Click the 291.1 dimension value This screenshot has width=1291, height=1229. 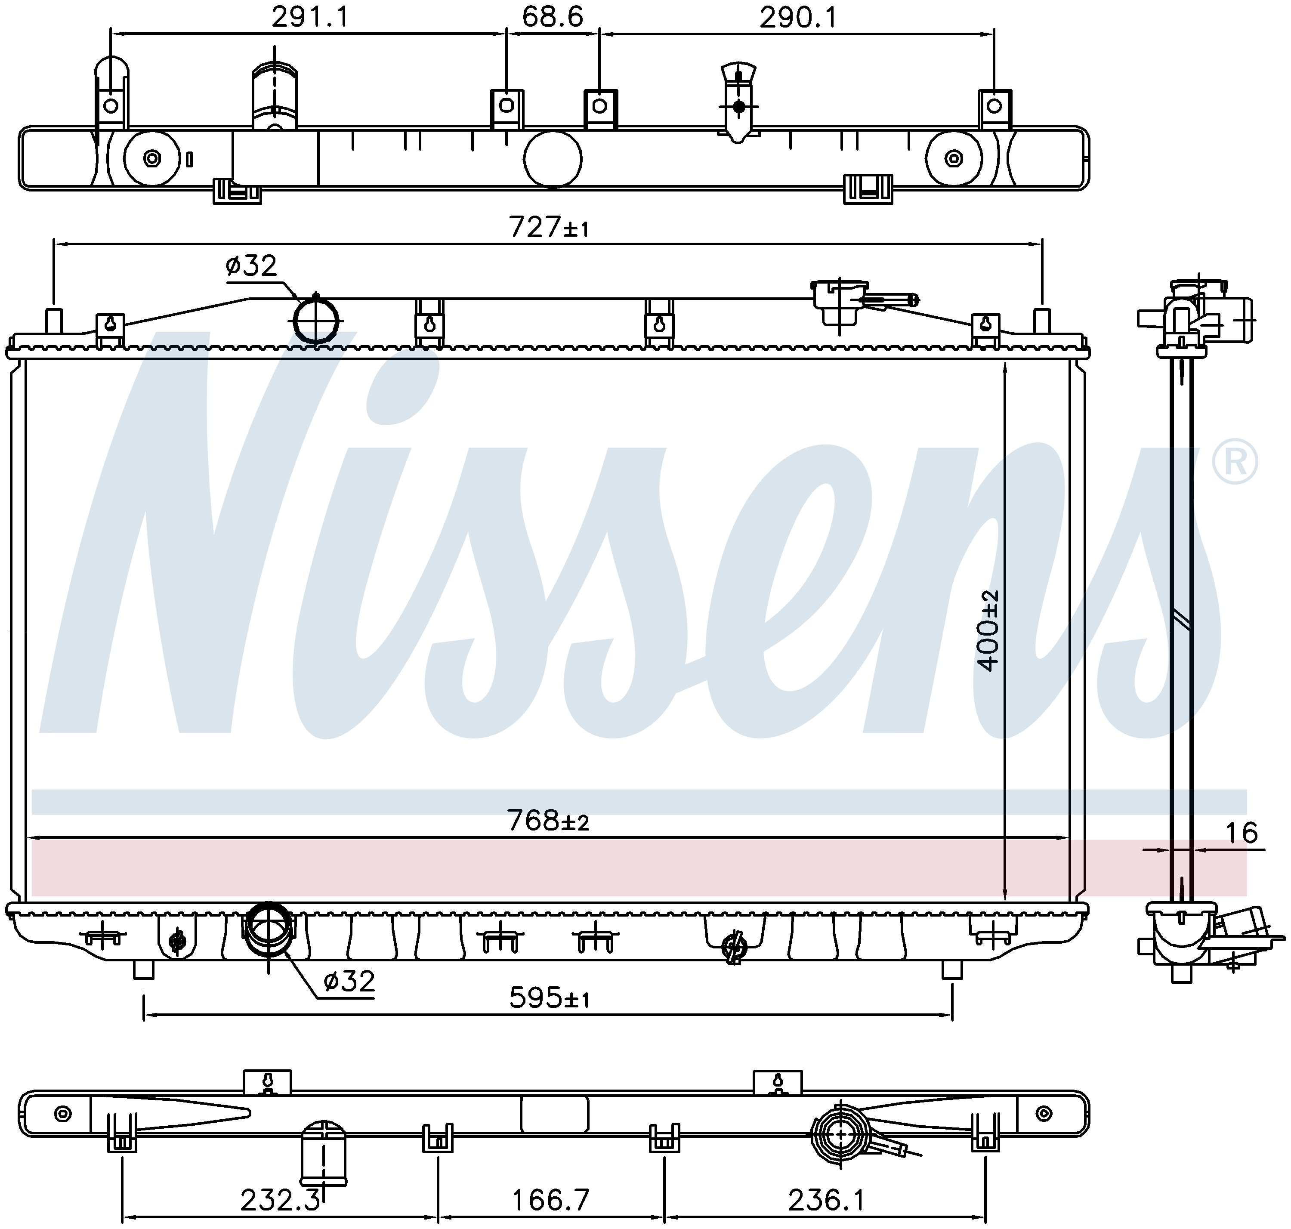click(x=310, y=18)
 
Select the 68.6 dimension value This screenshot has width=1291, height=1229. click(x=552, y=18)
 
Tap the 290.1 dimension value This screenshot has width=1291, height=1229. click(x=798, y=18)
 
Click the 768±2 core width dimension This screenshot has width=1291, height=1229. click(x=548, y=820)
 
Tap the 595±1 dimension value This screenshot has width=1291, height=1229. click(x=549, y=998)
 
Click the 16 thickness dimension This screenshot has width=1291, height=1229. click(x=1241, y=833)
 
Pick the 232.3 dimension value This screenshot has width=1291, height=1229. click(x=280, y=1201)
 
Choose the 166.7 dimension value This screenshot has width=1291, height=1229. click(x=551, y=1201)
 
